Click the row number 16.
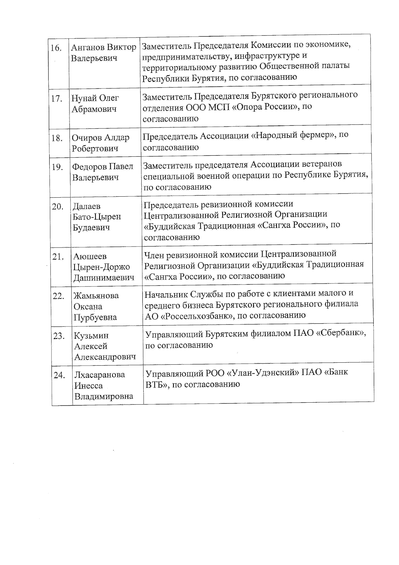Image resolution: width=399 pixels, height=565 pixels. (56, 48)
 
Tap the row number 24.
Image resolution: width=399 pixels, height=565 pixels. (59, 375)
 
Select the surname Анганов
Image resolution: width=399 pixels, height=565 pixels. (87, 47)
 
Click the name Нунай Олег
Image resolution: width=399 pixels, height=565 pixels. (95, 98)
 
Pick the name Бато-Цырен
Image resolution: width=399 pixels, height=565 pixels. (97, 217)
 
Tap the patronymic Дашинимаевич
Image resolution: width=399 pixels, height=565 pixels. (104, 278)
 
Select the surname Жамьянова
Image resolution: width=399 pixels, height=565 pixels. (96, 296)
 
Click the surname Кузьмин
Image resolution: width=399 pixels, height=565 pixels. (91, 336)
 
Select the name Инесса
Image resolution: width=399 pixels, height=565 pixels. (88, 386)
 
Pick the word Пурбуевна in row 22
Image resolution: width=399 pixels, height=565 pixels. (95, 317)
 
